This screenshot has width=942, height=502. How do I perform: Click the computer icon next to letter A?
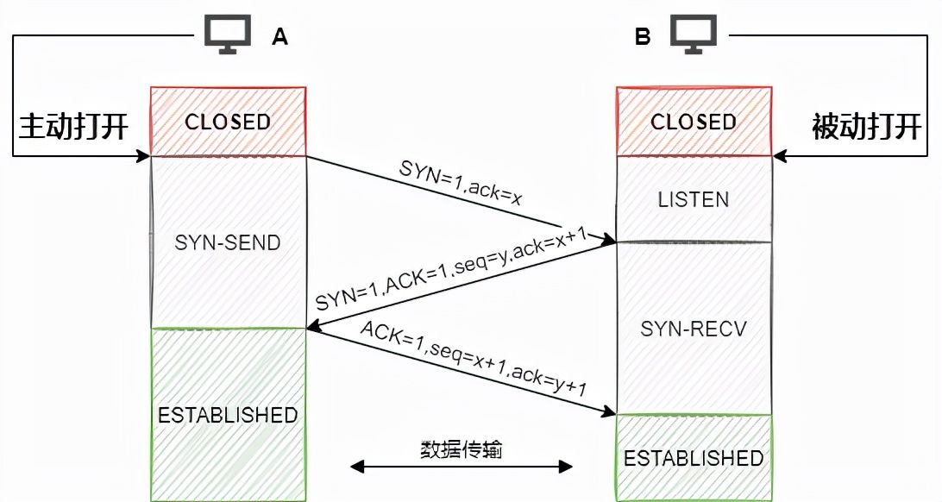(x=227, y=35)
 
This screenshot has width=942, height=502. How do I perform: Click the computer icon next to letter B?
(x=694, y=35)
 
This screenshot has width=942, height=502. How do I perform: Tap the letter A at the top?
(x=279, y=36)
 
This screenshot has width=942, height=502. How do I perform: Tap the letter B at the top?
(x=643, y=36)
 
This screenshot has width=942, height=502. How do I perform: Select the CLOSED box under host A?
(x=228, y=122)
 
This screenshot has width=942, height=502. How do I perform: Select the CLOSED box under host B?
(x=694, y=122)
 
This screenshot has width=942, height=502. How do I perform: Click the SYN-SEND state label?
(x=228, y=242)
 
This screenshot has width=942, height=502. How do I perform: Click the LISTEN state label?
(x=694, y=199)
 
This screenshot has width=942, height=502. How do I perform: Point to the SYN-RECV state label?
(x=694, y=329)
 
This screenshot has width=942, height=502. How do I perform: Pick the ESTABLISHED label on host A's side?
(x=228, y=415)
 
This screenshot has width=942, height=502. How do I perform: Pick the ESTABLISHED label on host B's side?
(x=694, y=457)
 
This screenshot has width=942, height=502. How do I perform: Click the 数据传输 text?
(x=461, y=449)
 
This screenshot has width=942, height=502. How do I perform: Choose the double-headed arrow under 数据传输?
(x=461, y=467)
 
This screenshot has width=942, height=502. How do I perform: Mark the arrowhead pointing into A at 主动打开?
(x=144, y=157)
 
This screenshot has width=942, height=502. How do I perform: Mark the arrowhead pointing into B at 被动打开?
(x=778, y=157)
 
